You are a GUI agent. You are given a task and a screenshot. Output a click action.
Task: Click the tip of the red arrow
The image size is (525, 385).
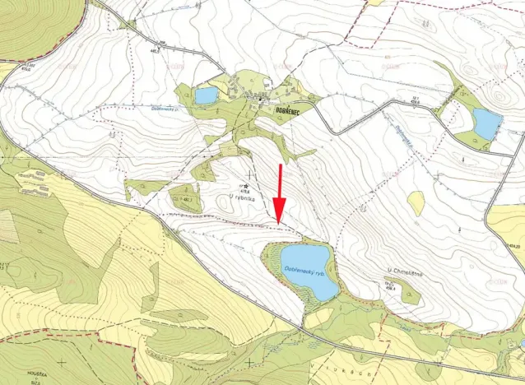pos(278,222)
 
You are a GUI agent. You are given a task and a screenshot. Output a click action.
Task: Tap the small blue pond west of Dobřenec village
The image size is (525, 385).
pos(206,95)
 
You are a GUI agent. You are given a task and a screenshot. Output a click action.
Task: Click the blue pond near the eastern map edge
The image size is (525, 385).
pos(486,123)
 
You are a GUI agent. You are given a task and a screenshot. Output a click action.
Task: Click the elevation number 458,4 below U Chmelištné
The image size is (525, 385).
pos(390,288)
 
